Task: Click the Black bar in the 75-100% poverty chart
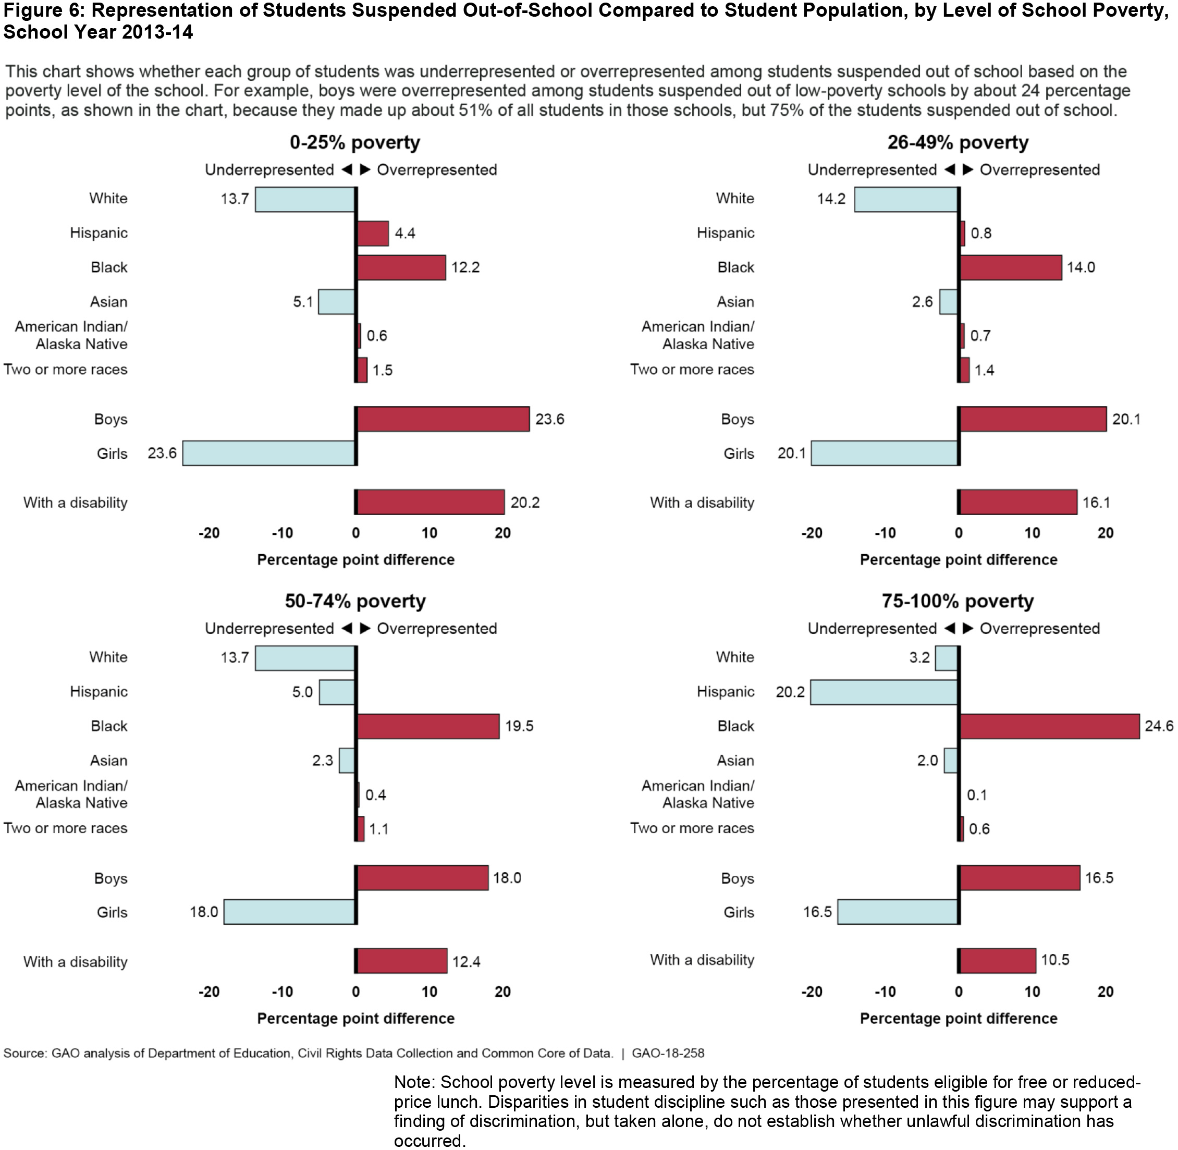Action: click(x=1049, y=726)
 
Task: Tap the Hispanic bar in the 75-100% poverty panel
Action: click(x=884, y=692)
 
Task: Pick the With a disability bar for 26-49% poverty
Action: click(x=1018, y=502)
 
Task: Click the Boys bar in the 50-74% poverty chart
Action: click(x=422, y=877)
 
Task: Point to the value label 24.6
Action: click(x=1159, y=726)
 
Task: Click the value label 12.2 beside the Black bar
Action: click(x=465, y=267)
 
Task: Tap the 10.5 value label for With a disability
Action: click(x=1055, y=960)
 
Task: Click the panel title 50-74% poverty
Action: click(x=355, y=602)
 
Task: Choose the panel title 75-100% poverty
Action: click(x=958, y=602)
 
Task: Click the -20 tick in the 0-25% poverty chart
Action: click(x=209, y=533)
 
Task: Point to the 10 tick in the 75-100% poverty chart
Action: click(x=1032, y=992)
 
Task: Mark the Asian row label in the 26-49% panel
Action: click(x=735, y=302)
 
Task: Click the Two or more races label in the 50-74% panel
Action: click(x=66, y=828)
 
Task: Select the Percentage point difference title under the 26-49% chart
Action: click(x=958, y=560)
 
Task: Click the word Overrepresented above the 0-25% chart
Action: click(x=437, y=170)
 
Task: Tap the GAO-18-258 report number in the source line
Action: click(x=668, y=1054)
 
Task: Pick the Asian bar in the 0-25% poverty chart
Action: click(x=336, y=302)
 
